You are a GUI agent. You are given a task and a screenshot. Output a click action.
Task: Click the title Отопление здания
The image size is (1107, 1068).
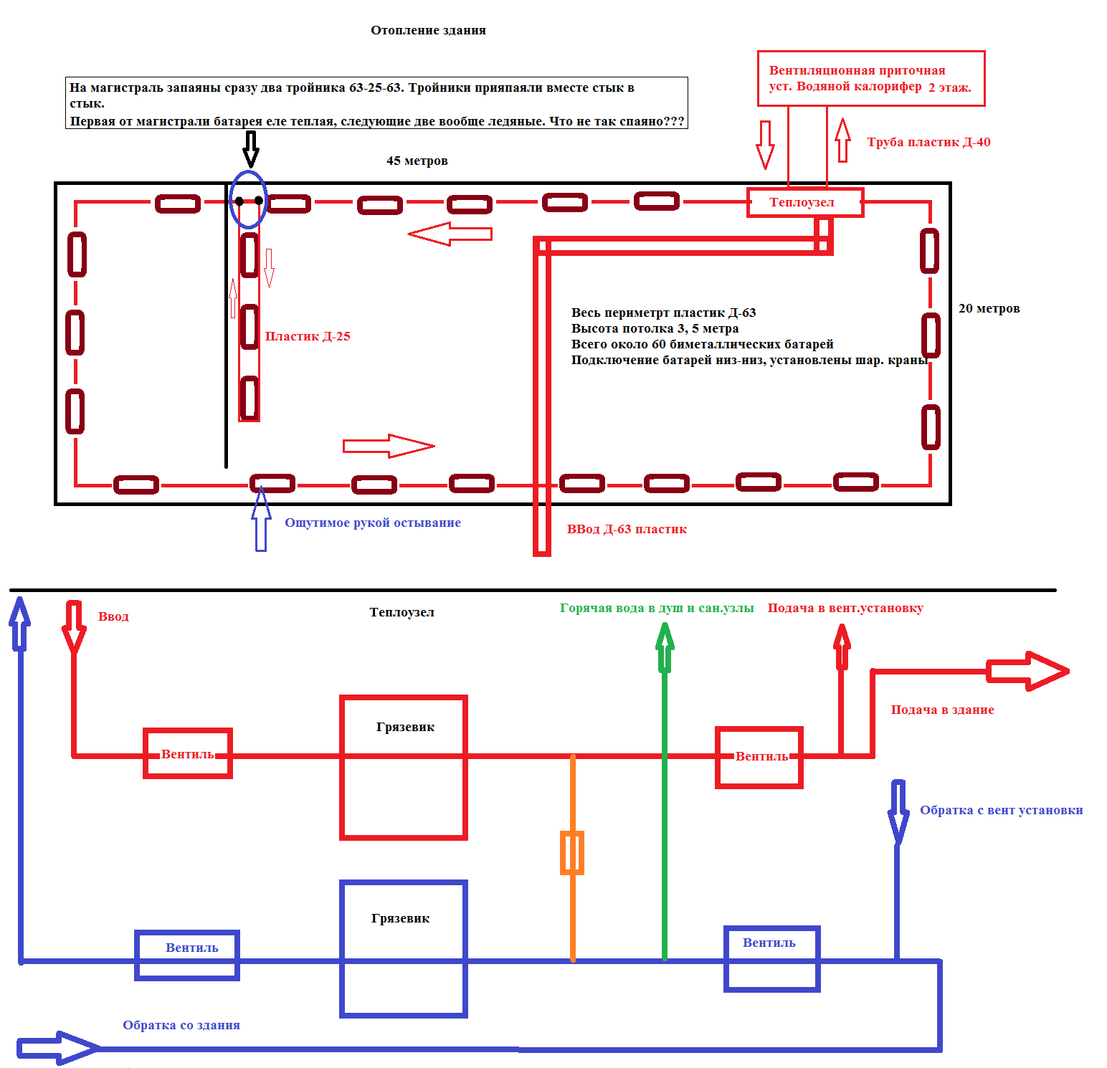tap(428, 30)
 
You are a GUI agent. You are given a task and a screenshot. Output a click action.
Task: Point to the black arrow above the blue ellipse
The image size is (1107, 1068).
tap(250, 148)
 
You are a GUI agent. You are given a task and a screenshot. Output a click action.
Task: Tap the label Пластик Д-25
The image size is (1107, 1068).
tap(308, 336)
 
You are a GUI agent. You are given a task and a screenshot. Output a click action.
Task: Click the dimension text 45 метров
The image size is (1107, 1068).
tap(417, 161)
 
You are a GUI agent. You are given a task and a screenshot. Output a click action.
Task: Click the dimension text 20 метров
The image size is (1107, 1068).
tap(989, 308)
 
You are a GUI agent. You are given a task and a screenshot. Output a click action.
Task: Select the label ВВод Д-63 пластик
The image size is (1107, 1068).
tap(627, 529)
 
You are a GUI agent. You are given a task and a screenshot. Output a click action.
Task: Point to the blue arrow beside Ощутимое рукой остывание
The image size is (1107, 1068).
tap(261, 519)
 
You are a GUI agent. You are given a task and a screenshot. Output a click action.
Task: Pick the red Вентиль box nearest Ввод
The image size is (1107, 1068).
tap(188, 730)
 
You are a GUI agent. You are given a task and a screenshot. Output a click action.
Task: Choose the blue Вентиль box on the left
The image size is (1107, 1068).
tap(187, 933)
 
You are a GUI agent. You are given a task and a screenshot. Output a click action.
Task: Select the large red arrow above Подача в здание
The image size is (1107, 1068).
tap(1028, 672)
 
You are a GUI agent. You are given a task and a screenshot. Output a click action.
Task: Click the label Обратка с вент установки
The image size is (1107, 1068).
tap(1001, 810)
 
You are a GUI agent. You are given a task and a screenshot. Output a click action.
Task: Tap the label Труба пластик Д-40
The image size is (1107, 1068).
tap(928, 142)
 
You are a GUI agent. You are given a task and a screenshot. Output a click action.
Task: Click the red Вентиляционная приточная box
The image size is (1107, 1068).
tap(871, 52)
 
